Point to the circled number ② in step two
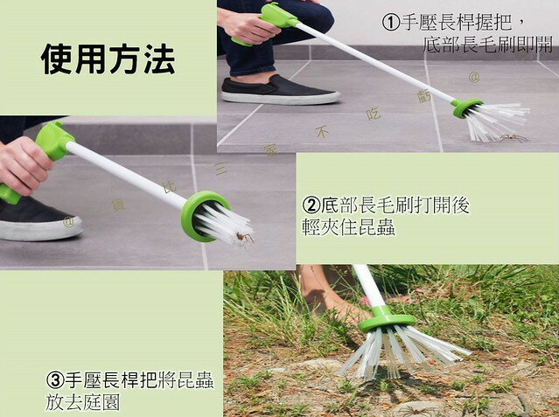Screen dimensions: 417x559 311,205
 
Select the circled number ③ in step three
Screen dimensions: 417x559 54,381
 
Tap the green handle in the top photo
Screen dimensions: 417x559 278,15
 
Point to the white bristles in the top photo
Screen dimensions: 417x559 501,120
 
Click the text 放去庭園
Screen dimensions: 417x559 83,403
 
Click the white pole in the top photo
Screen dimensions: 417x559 376,61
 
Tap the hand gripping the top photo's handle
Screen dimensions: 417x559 250,26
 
